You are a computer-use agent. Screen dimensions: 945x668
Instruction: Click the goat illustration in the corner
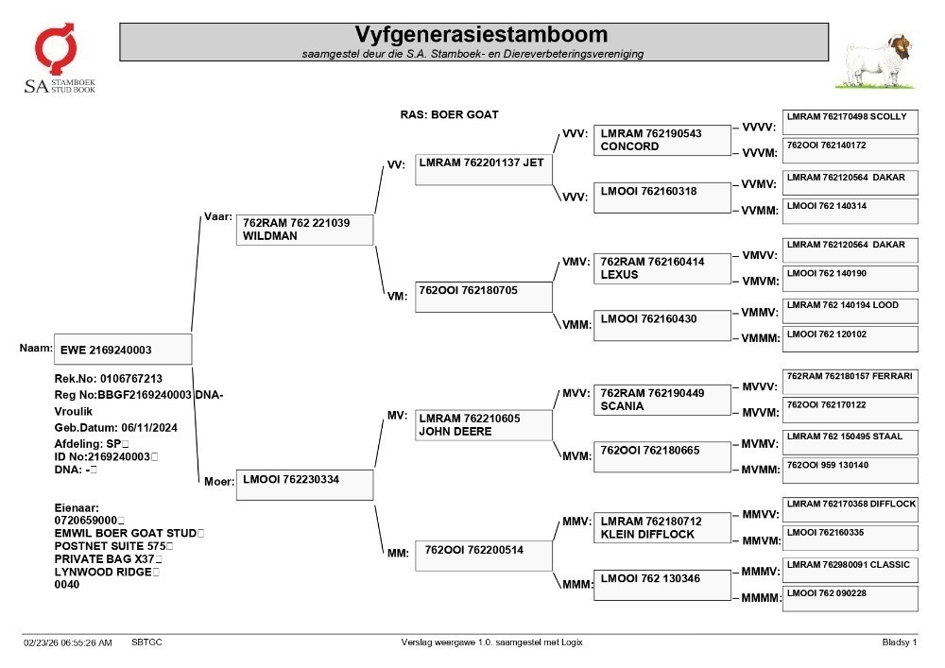(875, 61)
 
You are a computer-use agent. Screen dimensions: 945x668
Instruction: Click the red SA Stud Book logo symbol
(56, 48)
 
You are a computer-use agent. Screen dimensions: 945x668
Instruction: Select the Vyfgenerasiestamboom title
(481, 34)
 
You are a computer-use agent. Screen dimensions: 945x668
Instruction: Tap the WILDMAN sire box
(304, 230)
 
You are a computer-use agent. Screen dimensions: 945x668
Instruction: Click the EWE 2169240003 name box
(123, 350)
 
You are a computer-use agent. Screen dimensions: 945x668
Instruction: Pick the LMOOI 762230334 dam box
(304, 485)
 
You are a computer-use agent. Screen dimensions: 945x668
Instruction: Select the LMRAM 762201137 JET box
(483, 170)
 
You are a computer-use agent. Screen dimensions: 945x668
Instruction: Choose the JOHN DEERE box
(483, 425)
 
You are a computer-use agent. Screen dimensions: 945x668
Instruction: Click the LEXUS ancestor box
(661, 268)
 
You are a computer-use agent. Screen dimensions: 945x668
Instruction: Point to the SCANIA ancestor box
(661, 400)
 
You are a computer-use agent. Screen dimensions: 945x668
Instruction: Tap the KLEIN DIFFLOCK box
(661, 527)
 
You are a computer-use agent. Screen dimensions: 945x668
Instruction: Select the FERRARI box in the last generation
(850, 382)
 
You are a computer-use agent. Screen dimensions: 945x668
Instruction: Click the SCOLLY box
(850, 122)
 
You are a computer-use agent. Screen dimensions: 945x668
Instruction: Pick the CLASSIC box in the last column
(850, 571)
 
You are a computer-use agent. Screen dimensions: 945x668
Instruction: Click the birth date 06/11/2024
(149, 428)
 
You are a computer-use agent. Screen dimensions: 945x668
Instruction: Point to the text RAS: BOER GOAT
(449, 114)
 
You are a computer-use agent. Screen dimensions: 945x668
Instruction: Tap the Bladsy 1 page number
(900, 642)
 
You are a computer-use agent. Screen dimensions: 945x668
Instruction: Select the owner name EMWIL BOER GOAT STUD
(126, 533)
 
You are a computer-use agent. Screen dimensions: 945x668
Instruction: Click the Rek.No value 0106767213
(130, 379)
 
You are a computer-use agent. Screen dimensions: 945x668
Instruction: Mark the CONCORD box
(661, 141)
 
